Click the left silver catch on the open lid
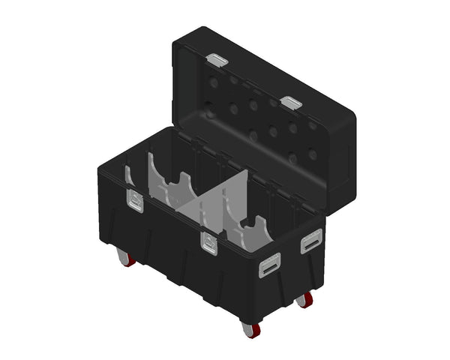217,59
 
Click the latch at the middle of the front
208,241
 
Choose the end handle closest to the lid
310,242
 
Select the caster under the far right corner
304,300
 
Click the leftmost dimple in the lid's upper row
214,82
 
